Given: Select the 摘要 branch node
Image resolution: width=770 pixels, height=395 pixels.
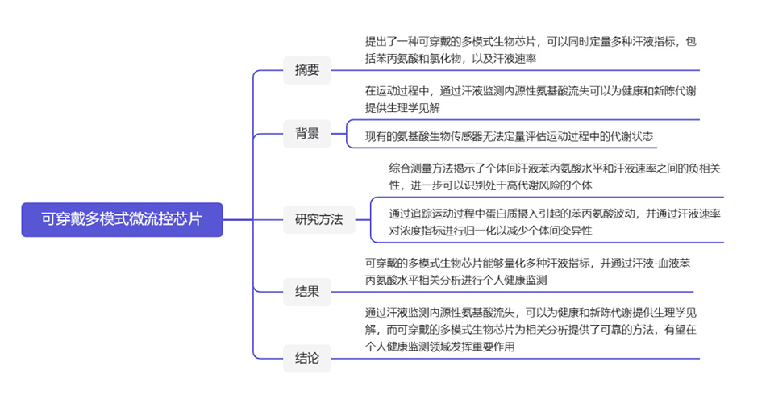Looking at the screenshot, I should pos(306,70).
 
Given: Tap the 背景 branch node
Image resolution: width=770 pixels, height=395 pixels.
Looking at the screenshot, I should pos(306,134).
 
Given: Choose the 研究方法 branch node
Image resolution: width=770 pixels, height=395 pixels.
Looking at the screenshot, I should pos(318,218).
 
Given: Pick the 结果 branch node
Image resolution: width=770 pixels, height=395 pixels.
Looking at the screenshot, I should pos(306,291).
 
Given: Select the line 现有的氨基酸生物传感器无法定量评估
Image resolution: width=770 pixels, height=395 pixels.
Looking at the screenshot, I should pos(509,136).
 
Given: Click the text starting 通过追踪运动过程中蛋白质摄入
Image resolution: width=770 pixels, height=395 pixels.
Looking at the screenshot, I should pos(553,222).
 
